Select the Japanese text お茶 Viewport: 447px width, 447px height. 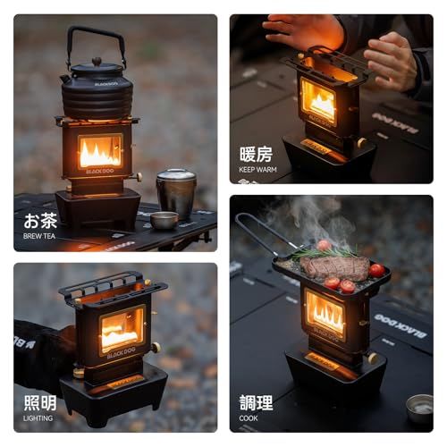pos(38,220)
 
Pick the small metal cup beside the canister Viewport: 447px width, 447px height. pos(164,220)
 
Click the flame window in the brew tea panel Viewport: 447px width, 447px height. pos(100,151)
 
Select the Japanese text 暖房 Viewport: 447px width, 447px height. pos(257,154)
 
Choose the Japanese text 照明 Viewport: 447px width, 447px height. pos(38,402)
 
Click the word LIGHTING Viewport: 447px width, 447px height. pos(38,417)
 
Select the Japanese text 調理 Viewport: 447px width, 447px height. pos(257,402)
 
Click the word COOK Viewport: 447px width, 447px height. pos(249,417)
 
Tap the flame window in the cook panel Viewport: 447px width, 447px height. pos(324,314)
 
